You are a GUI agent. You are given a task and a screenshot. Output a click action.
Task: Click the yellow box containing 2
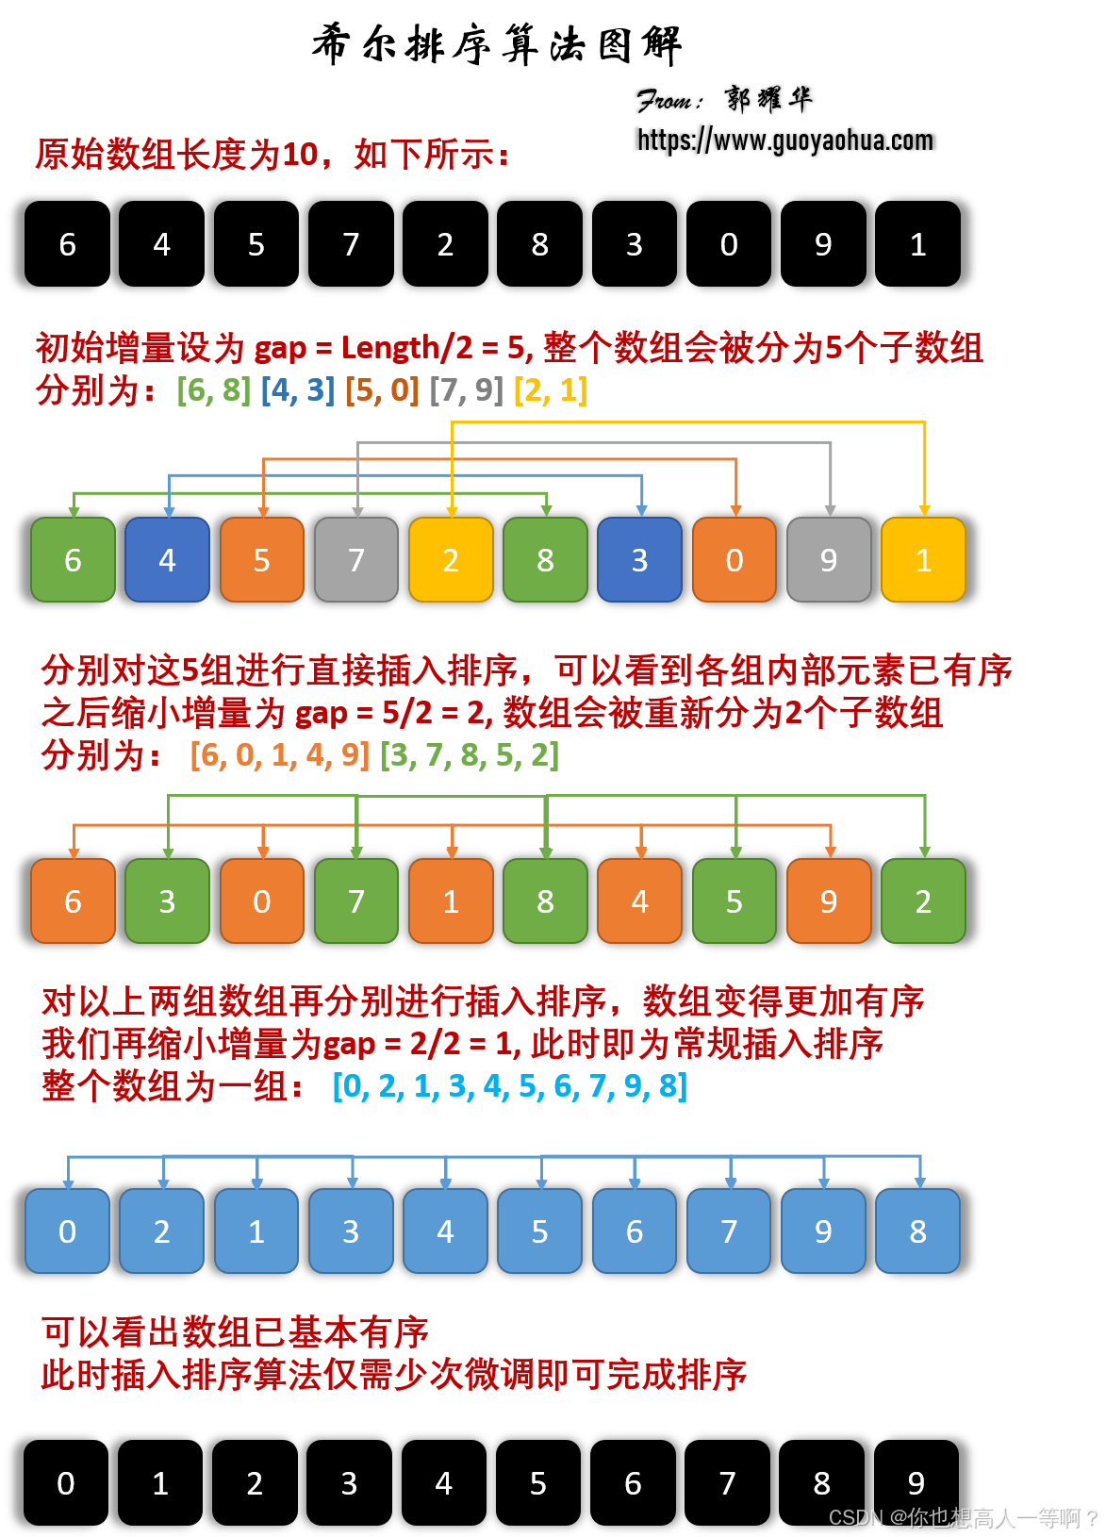[x=451, y=560]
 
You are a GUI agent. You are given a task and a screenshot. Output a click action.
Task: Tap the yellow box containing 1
[x=923, y=560]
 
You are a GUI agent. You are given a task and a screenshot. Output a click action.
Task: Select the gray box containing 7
[x=356, y=560]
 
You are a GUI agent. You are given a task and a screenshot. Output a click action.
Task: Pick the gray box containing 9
[x=829, y=560]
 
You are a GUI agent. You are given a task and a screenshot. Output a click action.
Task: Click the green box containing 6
[x=73, y=560]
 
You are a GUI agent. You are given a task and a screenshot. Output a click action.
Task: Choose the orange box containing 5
[x=262, y=560]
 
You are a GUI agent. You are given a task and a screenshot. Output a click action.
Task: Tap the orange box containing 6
[x=73, y=901]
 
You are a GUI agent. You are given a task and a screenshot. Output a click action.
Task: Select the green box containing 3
[x=167, y=901]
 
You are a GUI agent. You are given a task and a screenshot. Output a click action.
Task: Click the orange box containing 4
[x=640, y=901]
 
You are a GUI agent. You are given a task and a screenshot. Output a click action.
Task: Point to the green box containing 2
[x=923, y=901]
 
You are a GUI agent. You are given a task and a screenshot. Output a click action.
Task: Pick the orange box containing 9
[x=829, y=901]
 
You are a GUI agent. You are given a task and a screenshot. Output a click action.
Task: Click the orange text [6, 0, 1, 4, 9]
[x=280, y=755]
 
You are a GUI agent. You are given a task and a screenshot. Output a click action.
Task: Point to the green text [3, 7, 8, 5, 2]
[x=470, y=755]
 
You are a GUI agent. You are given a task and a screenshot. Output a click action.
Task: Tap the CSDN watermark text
[x=962, y=1517]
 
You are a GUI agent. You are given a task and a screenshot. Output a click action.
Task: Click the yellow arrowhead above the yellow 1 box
[x=925, y=510]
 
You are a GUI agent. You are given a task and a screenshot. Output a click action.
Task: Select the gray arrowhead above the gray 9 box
[x=831, y=510]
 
